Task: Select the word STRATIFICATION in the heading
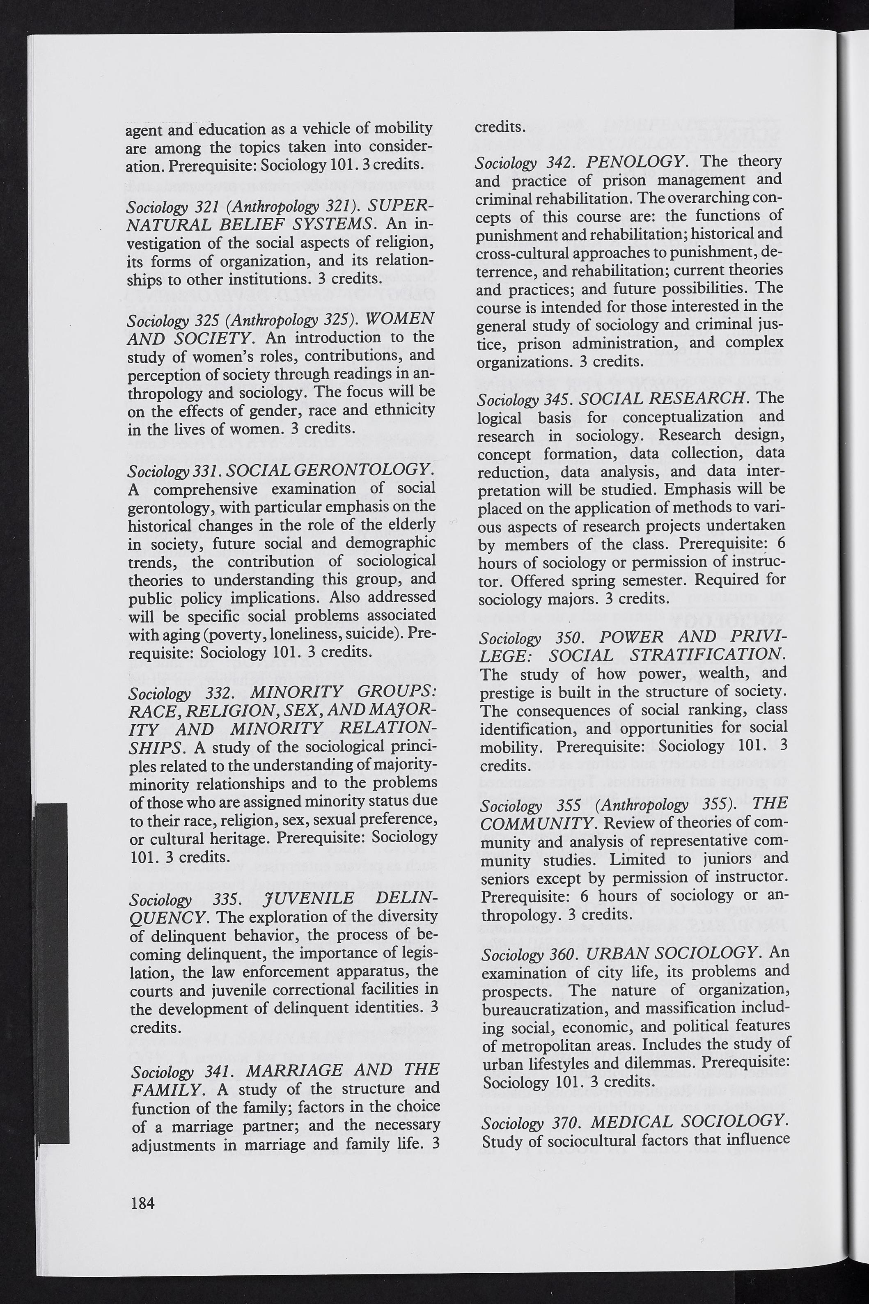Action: pyautogui.click(x=707, y=655)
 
